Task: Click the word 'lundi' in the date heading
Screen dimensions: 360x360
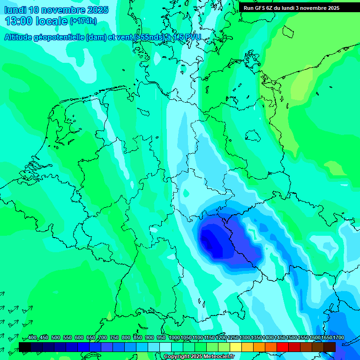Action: click(15, 9)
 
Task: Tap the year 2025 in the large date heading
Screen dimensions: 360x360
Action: click(97, 9)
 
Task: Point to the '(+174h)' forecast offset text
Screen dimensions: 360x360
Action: click(83, 21)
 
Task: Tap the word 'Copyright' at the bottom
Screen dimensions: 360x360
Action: click(177, 357)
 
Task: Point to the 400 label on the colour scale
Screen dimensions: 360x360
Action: click(32, 338)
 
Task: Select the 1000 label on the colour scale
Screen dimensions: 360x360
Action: click(174, 338)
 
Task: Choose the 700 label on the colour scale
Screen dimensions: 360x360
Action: click(103, 338)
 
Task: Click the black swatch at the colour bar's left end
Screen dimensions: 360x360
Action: click(25, 347)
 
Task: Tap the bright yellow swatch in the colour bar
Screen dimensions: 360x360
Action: click(236, 347)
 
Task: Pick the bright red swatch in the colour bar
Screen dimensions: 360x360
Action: click(283, 347)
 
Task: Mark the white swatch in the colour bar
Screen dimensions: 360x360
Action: click(165, 347)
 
